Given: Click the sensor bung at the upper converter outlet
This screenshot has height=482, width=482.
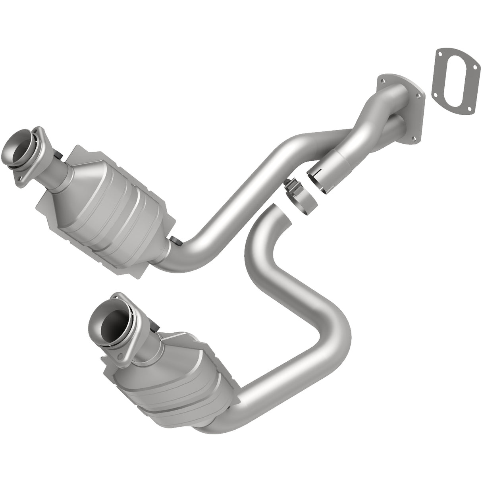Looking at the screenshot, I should (x=175, y=240).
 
